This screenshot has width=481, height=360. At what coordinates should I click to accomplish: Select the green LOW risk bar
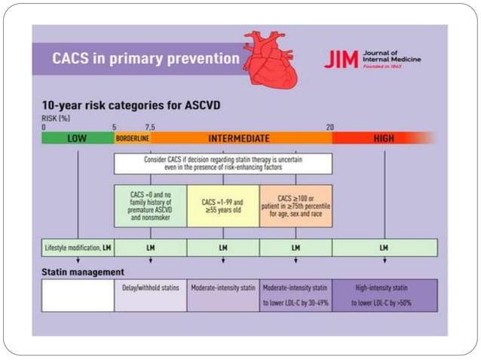[77, 139]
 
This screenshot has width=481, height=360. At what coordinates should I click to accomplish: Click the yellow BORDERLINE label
[132, 139]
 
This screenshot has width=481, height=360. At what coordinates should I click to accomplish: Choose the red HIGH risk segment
[383, 139]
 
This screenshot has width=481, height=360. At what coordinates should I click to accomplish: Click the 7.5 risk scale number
[150, 127]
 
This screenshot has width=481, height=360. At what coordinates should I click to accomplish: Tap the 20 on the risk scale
[329, 127]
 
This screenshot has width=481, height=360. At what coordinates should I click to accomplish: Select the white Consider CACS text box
[222, 163]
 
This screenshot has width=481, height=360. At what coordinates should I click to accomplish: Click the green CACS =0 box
[150, 205]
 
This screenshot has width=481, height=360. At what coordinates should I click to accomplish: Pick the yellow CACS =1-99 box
[222, 205]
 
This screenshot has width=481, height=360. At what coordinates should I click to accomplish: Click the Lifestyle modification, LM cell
[77, 247]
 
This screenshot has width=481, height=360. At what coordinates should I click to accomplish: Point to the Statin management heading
[83, 271]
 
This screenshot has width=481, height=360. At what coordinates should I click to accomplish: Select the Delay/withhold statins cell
[150, 295]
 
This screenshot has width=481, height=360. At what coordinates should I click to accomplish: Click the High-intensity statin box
[384, 295]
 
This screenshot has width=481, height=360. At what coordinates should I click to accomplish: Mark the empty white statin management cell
[77, 295]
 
